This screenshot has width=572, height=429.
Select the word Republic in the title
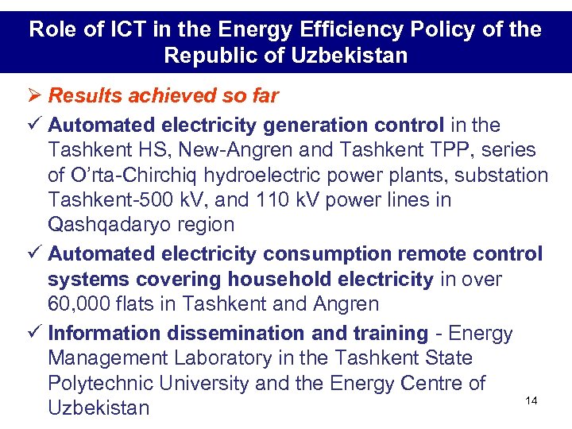click(x=204, y=56)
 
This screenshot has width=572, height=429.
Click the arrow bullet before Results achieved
click(x=35, y=96)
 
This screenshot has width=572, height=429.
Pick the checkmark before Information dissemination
click(x=35, y=334)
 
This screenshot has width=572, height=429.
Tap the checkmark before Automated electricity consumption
click(x=35, y=254)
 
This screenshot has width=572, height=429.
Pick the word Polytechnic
click(x=102, y=383)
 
